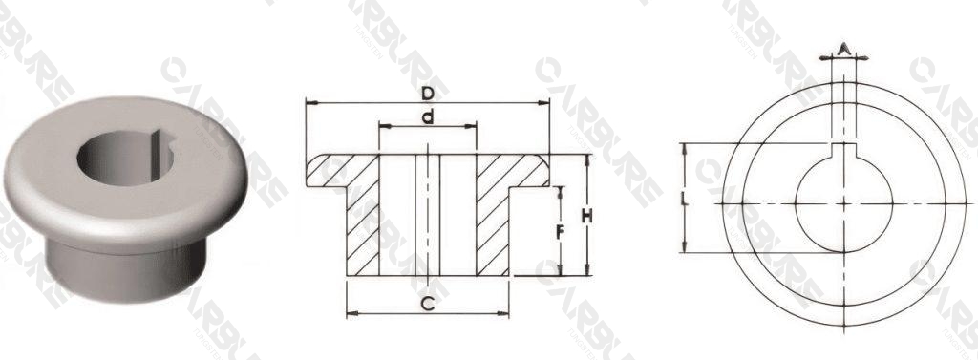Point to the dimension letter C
coord(428,304)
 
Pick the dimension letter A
coord(844,47)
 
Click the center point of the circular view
coord(844,203)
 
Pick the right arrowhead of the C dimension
coord(505,312)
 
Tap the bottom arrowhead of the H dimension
coord(586,272)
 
